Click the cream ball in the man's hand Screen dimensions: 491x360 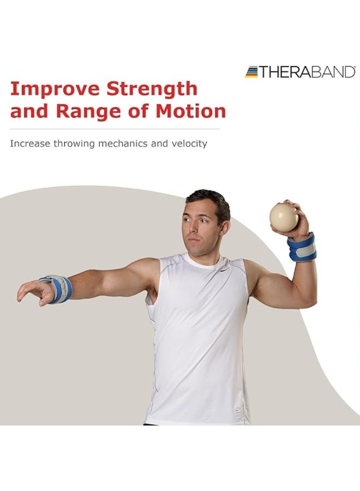pos(284,217)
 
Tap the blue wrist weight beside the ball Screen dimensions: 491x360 pos(302,247)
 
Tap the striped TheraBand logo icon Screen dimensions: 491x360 pos(251,72)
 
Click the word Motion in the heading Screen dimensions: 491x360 pos(190,111)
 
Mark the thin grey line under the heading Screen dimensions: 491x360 pos(115,129)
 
